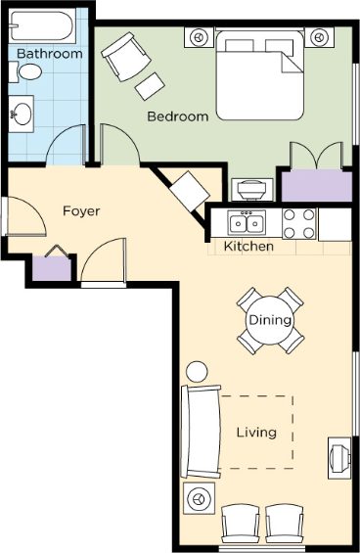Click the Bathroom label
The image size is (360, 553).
point(50,54)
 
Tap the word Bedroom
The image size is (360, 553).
point(178,116)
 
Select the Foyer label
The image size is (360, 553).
point(81,210)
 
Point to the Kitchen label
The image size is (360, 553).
point(248,246)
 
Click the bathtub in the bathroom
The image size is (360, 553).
point(42,26)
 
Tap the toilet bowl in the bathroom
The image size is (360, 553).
point(30,72)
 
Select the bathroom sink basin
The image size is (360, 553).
point(22,114)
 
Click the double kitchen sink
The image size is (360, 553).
point(247,222)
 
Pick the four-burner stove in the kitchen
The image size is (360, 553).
point(299,223)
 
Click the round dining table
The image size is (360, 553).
point(270,320)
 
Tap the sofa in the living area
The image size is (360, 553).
point(201,432)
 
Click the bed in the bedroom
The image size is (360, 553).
point(260,75)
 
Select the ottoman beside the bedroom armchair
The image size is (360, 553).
point(150,86)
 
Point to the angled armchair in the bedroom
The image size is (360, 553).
point(126,57)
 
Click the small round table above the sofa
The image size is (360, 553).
point(197,371)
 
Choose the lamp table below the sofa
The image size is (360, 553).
point(200,499)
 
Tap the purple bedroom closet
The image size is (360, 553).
point(317,186)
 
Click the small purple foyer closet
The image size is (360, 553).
point(52,268)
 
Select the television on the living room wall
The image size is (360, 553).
point(339,458)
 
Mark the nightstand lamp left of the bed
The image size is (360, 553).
point(200,37)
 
